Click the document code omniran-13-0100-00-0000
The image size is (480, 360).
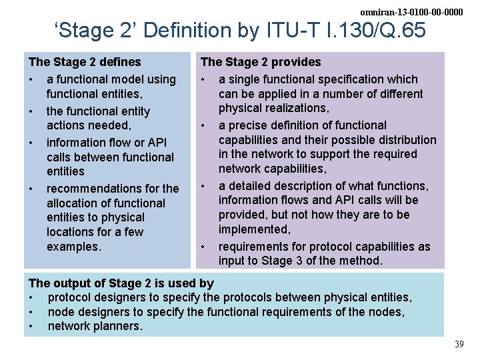[x=411, y=12]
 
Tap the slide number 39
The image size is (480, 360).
[x=459, y=344]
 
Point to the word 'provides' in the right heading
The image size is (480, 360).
[x=297, y=62]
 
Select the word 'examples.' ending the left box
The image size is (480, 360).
[x=74, y=247]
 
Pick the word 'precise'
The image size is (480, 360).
[x=248, y=125]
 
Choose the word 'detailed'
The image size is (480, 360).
[x=251, y=186]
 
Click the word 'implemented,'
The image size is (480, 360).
[x=255, y=229]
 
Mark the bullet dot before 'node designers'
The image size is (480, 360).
[x=31, y=312]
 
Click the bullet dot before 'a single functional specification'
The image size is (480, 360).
[x=203, y=79]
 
